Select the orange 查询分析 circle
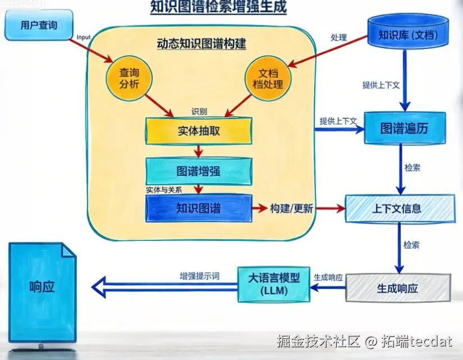tap(129, 79)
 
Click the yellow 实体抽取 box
tap(199, 131)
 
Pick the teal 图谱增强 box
tap(199, 171)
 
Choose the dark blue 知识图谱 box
tap(199, 208)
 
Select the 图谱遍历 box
tap(404, 128)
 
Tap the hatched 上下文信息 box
tap(400, 209)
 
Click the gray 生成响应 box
tap(398, 289)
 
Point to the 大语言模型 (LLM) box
tap(274, 283)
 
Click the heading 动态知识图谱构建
tap(201, 43)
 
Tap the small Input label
tap(83, 37)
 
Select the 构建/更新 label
tap(291, 208)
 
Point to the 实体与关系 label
tap(163, 190)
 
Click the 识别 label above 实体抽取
tap(199, 111)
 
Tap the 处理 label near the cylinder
tap(339, 38)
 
